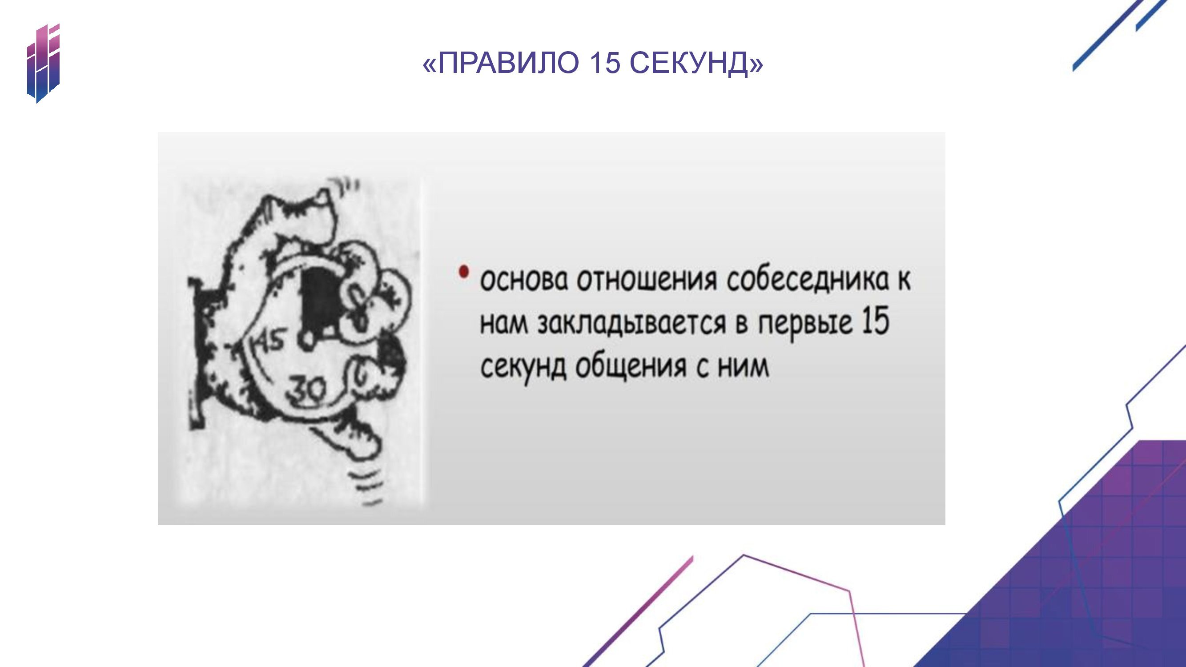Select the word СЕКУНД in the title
(x=689, y=63)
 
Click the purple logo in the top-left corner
(x=43, y=63)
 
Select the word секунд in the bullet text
(x=523, y=369)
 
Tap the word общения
(x=631, y=369)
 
